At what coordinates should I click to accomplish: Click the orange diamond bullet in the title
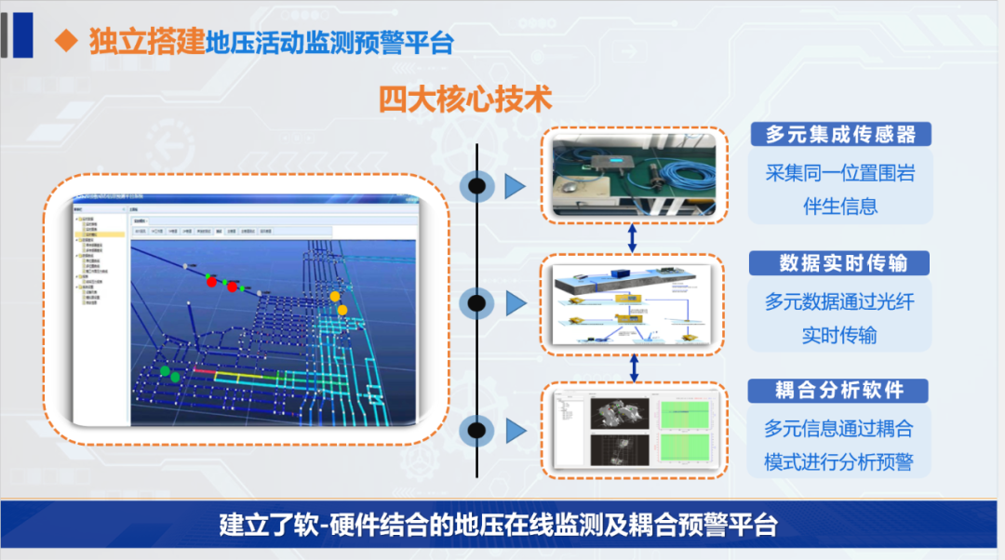[65, 40]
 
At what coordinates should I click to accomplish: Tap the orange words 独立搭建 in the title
[147, 42]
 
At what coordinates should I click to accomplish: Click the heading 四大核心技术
[465, 99]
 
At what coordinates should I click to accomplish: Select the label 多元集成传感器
[840, 135]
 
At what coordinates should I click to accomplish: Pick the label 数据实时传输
[842, 263]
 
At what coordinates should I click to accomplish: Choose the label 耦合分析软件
[840, 390]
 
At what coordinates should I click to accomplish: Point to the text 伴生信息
[840, 206]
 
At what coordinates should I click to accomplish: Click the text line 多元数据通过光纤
[839, 301]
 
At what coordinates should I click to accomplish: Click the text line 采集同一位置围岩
[839, 173]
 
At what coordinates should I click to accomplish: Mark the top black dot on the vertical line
[476, 186]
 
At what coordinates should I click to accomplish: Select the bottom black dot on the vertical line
[476, 431]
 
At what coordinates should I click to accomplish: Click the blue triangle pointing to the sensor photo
[516, 186]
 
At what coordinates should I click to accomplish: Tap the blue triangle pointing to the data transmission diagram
[516, 302]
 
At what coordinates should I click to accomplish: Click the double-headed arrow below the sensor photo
[633, 236]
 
